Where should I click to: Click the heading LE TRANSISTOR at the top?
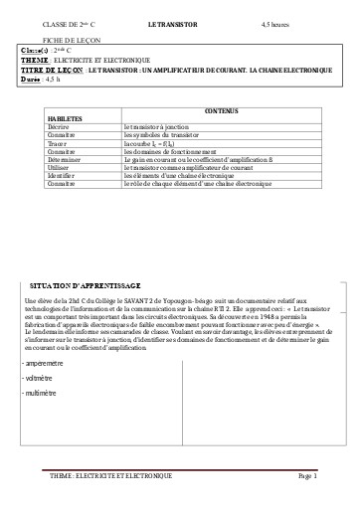pyautogui.click(x=172, y=21)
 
